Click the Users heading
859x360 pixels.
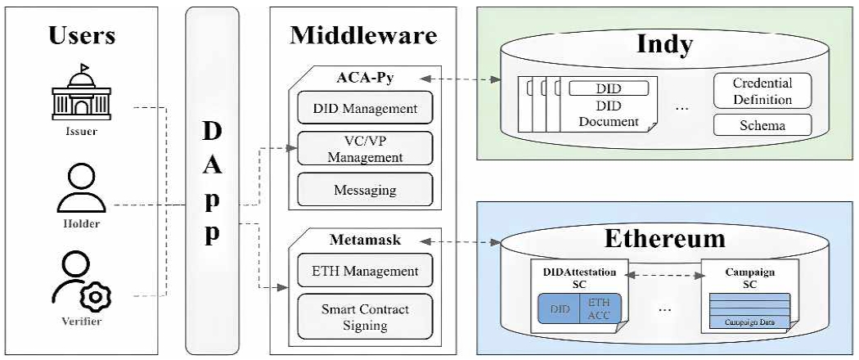pyautogui.click(x=81, y=35)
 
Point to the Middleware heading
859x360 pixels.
pyautogui.click(x=362, y=35)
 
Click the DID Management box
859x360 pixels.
pyautogui.click(x=365, y=108)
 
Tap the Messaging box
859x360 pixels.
pyautogui.click(x=365, y=190)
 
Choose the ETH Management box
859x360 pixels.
pyautogui.click(x=365, y=271)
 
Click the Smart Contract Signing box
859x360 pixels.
pyautogui.click(x=365, y=317)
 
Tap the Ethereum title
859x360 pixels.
pyautogui.click(x=664, y=238)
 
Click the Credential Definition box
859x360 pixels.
pyautogui.click(x=762, y=92)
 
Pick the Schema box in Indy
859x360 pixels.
pyautogui.click(x=762, y=125)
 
